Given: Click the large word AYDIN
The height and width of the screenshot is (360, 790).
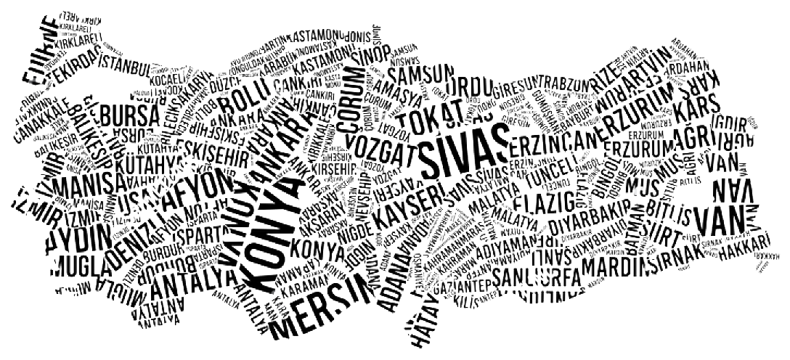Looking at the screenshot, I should (78, 237).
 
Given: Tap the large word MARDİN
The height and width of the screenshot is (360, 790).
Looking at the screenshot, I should (607, 266).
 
